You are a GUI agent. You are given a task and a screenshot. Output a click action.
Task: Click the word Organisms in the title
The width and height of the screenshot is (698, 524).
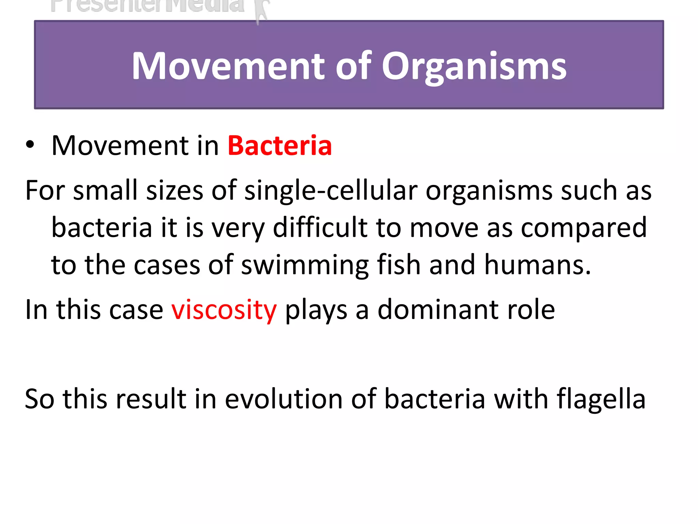(x=474, y=67)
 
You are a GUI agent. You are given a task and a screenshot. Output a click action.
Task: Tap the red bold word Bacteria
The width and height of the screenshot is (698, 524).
(x=279, y=146)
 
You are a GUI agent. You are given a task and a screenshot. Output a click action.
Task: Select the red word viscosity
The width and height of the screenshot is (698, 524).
(x=224, y=310)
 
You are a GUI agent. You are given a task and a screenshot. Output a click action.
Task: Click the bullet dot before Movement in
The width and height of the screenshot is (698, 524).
(x=30, y=145)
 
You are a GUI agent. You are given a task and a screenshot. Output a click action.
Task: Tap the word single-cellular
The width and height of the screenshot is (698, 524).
(x=331, y=190)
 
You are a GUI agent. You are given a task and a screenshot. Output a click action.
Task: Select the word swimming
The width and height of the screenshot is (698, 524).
(x=305, y=265)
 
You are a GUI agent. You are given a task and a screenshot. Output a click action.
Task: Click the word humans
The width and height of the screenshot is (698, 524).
(x=537, y=265)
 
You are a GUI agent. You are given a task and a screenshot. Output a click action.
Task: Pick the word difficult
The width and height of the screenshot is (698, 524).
(x=320, y=228)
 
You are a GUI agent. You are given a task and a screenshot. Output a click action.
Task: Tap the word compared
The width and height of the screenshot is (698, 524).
(x=583, y=228)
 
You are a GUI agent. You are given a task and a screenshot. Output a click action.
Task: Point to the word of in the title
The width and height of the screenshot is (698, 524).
(x=353, y=67)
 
